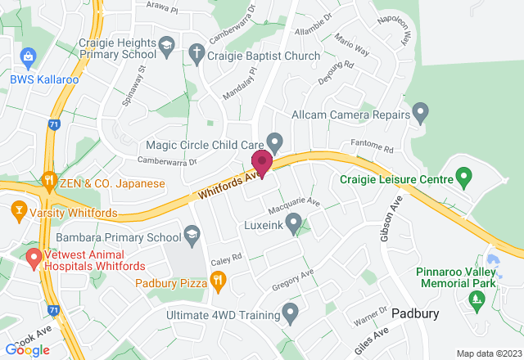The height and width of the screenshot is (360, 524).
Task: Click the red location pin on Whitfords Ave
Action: [x=262, y=162]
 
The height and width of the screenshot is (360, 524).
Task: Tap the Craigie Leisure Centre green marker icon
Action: [x=463, y=176]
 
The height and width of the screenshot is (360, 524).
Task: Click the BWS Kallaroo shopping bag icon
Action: [x=29, y=56]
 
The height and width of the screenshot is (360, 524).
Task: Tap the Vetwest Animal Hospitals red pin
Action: [x=34, y=259]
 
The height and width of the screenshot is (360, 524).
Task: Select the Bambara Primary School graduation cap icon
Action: [x=192, y=236]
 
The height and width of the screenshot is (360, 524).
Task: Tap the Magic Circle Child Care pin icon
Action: [x=276, y=142]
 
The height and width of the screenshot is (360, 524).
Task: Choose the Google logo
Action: [x=27, y=349]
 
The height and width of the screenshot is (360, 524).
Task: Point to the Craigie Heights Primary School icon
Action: [x=167, y=45]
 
